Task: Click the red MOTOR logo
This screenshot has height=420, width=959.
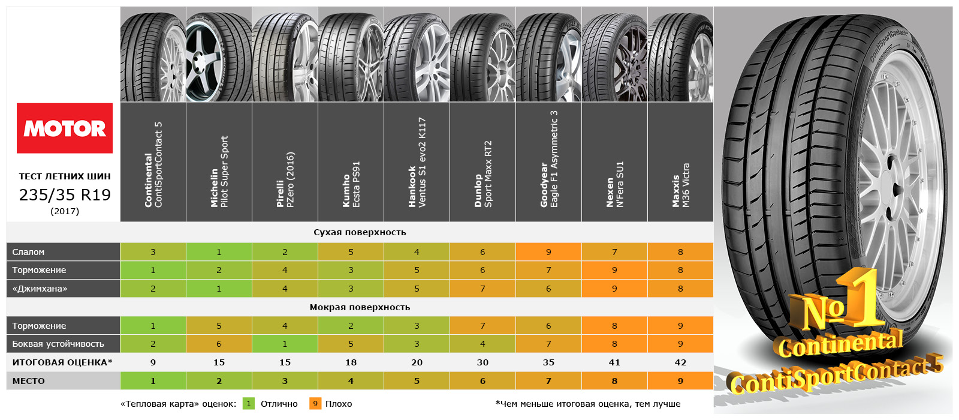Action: (x=65, y=128)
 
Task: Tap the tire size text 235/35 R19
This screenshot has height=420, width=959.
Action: (x=65, y=195)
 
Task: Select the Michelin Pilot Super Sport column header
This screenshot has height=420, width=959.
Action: (x=219, y=161)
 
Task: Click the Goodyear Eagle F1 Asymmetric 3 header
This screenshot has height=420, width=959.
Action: (x=549, y=161)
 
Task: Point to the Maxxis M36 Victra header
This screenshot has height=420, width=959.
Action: (x=681, y=161)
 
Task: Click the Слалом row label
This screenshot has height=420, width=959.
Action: (x=28, y=252)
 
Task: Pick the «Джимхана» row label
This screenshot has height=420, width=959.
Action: (x=40, y=289)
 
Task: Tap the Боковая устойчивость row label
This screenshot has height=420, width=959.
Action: (x=58, y=344)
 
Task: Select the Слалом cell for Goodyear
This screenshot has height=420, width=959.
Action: (x=549, y=252)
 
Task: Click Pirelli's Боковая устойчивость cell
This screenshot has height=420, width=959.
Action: (x=285, y=344)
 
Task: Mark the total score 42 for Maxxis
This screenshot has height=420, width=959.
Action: (x=680, y=362)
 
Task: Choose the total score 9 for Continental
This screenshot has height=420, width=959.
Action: (x=153, y=362)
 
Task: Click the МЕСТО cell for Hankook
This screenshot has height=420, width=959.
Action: (x=417, y=381)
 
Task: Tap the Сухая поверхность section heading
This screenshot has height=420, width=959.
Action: (x=360, y=232)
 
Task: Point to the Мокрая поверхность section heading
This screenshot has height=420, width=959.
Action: (x=360, y=307)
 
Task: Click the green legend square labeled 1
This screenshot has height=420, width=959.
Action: (x=249, y=404)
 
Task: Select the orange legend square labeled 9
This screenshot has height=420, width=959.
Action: (x=315, y=404)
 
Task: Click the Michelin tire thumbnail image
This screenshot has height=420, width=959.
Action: (x=219, y=55)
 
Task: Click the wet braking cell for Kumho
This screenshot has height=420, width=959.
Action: (x=351, y=326)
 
